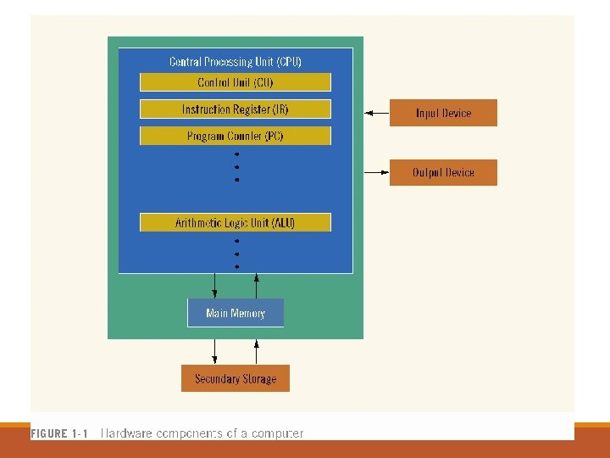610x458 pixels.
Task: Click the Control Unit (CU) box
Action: [235, 82]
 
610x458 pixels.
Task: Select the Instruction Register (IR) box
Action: [235, 109]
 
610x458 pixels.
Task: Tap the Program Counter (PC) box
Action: [235, 136]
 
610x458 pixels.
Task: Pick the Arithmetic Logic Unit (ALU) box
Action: [235, 223]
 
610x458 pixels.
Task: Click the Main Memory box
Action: [235, 313]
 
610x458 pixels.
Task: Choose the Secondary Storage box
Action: [235, 378]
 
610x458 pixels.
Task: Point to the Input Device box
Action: [443, 113]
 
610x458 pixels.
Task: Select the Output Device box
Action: [443, 172]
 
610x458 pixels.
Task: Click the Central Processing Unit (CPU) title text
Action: [235, 62]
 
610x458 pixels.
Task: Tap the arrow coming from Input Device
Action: [376, 113]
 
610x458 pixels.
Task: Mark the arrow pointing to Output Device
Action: [376, 172]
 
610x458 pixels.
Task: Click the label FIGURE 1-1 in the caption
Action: [59, 433]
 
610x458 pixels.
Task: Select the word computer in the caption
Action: [275, 433]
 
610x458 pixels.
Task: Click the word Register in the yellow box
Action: [251, 109]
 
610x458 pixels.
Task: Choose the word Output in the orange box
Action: [428, 172]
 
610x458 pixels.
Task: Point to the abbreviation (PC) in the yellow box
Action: [274, 136]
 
